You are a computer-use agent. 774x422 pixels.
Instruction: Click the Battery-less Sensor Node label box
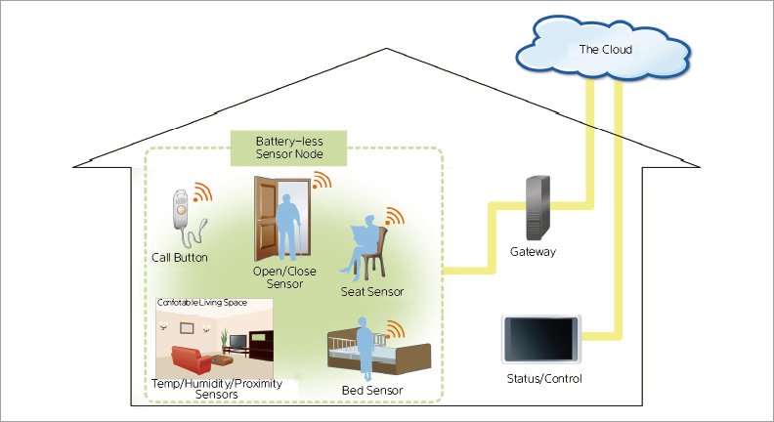point(288,148)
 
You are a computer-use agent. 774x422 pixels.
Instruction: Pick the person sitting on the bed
point(365,348)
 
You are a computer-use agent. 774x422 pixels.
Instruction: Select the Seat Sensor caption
point(372,291)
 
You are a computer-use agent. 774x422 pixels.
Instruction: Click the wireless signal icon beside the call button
point(202,192)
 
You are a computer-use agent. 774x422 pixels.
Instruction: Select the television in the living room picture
point(236,341)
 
